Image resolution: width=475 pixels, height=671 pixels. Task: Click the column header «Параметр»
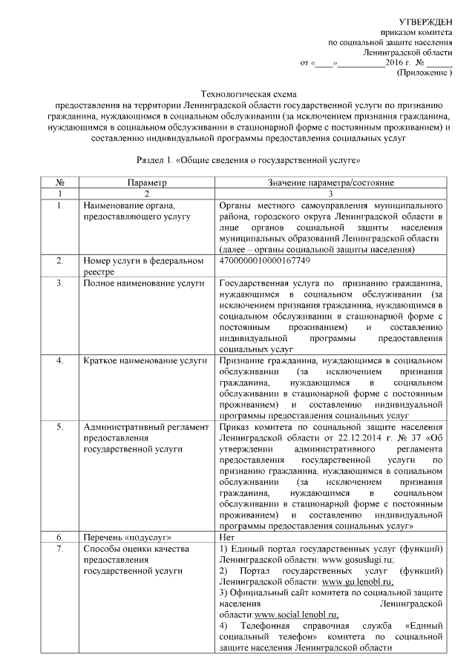146,182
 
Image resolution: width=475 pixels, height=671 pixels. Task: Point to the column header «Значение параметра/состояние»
330,182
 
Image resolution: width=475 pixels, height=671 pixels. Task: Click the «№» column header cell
59,182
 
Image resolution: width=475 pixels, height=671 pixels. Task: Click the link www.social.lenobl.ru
296,615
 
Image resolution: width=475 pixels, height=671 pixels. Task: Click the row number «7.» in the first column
59,548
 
